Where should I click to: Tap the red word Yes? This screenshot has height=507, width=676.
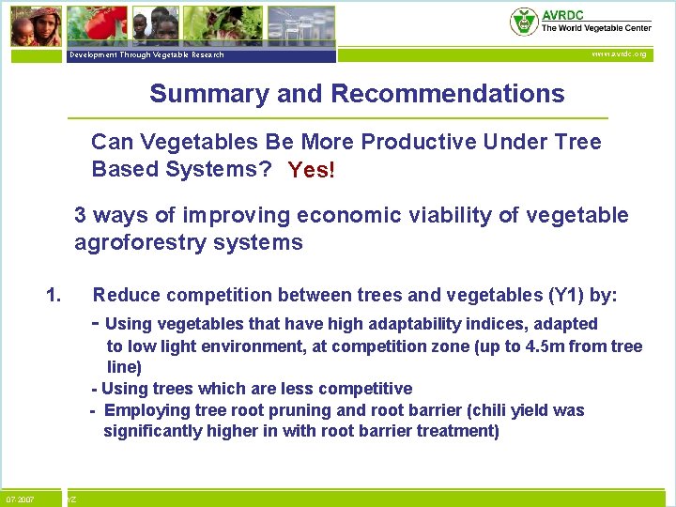coord(311,171)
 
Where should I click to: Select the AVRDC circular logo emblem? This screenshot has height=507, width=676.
coord(523,22)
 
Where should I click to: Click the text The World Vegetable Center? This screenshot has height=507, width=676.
coord(595,29)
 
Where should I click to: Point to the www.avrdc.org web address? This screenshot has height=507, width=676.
coord(619,54)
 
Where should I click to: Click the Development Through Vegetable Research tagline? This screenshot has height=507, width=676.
coord(146,55)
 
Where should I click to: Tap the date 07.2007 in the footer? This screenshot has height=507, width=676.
coord(20,499)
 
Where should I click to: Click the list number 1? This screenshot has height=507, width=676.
coord(54,296)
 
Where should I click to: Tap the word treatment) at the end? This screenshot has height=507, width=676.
coord(459,431)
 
